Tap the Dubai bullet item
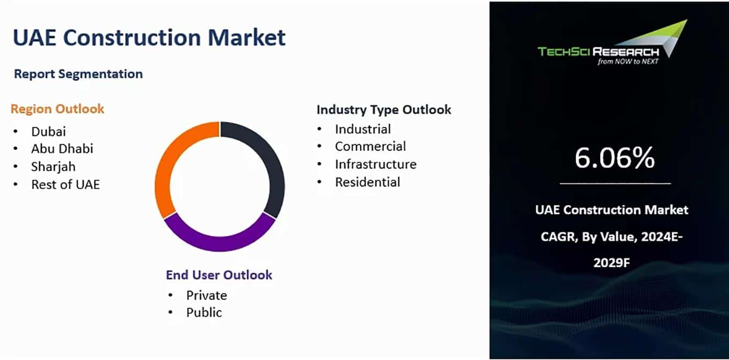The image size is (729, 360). pyautogui.click(x=48, y=131)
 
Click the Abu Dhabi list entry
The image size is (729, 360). pyautogui.click(x=62, y=148)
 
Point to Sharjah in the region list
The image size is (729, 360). pyautogui.click(x=54, y=167)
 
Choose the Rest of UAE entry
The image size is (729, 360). pyautogui.click(x=65, y=184)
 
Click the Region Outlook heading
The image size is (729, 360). pyautogui.click(x=57, y=109)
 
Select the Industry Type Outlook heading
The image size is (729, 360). pyautogui.click(x=384, y=110)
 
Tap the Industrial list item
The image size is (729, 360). pyautogui.click(x=363, y=129)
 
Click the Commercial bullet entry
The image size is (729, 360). pyautogui.click(x=370, y=146)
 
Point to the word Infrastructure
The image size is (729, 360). pyautogui.click(x=376, y=164)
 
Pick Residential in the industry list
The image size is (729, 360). pyautogui.click(x=367, y=182)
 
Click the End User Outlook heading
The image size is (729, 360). pyautogui.click(x=219, y=275)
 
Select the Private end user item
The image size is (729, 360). pyautogui.click(x=207, y=295)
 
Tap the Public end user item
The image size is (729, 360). pyautogui.click(x=204, y=312)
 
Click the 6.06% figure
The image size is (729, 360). pyautogui.click(x=614, y=157)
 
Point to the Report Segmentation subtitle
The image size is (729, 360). pyautogui.click(x=78, y=74)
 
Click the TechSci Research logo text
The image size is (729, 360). pyautogui.click(x=599, y=52)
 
